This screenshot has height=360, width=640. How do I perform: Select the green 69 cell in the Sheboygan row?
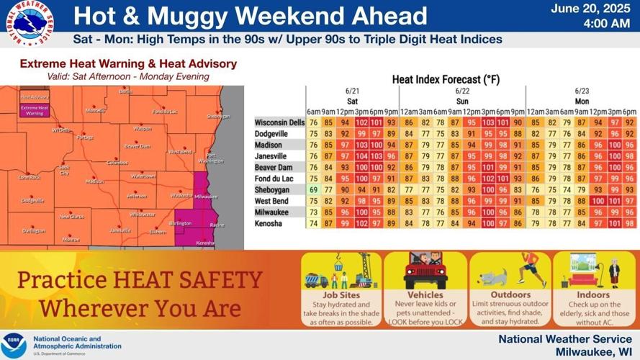[313, 189]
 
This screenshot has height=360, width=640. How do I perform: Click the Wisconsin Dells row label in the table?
[279, 122]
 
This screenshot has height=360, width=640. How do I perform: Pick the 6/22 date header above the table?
[462, 91]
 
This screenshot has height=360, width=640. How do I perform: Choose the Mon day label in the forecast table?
[581, 102]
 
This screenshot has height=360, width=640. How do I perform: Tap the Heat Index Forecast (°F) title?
[446, 79]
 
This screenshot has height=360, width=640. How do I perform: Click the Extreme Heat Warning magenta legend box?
[35, 111]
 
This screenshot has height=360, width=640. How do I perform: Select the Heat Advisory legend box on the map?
[35, 96]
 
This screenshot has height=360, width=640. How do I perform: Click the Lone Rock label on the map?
[30, 176]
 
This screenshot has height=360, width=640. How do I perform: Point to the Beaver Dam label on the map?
[137, 146]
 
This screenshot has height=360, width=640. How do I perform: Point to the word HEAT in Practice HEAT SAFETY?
[145, 279]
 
